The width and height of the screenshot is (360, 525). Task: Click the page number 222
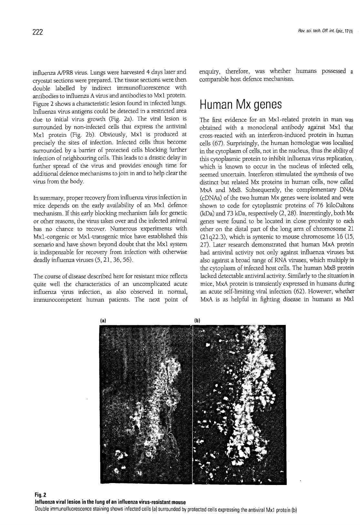tap(37, 32)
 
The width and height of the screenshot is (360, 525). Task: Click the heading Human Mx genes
tap(241, 105)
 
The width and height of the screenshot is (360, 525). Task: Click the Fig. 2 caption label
tap(41, 494)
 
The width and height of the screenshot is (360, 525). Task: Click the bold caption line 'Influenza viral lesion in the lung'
tap(110, 502)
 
